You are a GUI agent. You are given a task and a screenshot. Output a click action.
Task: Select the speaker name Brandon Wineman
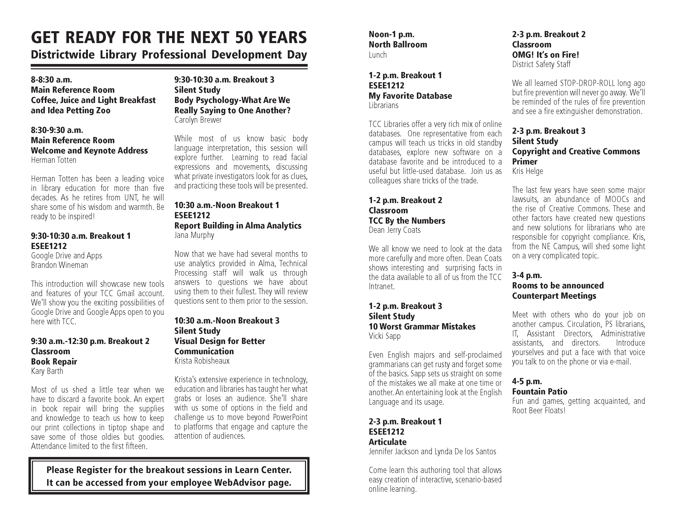(x=59, y=265)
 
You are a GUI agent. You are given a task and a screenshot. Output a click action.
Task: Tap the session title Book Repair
(x=54, y=362)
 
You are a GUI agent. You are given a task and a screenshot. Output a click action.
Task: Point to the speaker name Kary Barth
(x=47, y=371)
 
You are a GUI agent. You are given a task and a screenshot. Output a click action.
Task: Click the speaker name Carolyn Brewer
(x=198, y=120)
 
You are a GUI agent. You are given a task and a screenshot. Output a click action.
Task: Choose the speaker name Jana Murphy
(x=194, y=235)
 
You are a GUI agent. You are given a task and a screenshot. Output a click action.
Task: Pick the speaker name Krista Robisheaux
(x=202, y=361)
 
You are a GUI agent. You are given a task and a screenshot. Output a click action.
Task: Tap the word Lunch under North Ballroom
(x=378, y=55)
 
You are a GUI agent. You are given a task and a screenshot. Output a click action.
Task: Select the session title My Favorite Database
(x=410, y=96)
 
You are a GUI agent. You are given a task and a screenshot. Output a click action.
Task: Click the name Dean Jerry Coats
(x=395, y=230)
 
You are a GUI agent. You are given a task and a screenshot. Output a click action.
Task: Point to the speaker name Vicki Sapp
(x=385, y=336)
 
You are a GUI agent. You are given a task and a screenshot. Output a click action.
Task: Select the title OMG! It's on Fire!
(x=545, y=55)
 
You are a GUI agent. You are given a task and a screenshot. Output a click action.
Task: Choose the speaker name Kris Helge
(x=527, y=171)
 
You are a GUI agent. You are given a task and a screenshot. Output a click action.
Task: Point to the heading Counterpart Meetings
(x=554, y=296)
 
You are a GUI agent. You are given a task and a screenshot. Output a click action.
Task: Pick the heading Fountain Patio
(x=540, y=392)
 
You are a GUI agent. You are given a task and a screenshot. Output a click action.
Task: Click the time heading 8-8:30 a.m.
(x=51, y=80)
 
